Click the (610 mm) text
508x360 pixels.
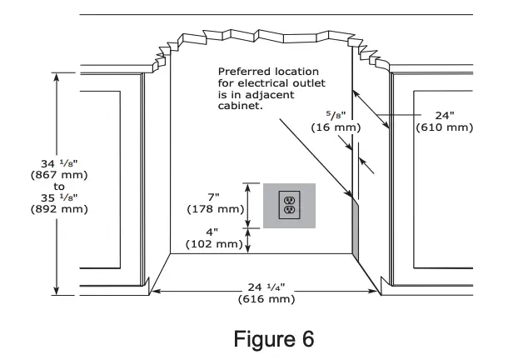(445, 127)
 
